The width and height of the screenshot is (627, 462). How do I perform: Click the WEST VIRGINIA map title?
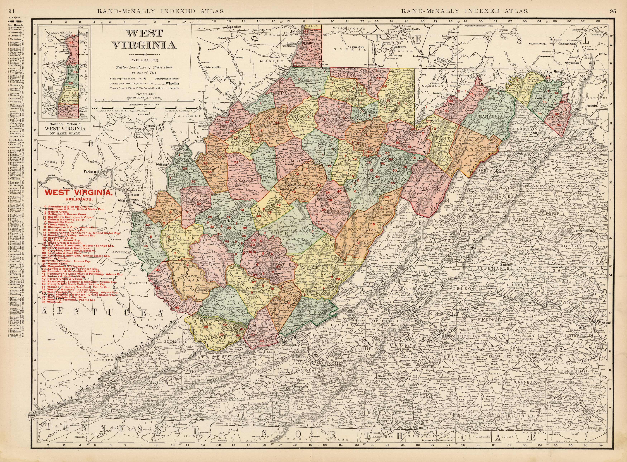click(144, 39)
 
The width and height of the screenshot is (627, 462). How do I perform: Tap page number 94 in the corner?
click(11, 3)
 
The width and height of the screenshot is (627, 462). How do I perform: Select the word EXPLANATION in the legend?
click(144, 60)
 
